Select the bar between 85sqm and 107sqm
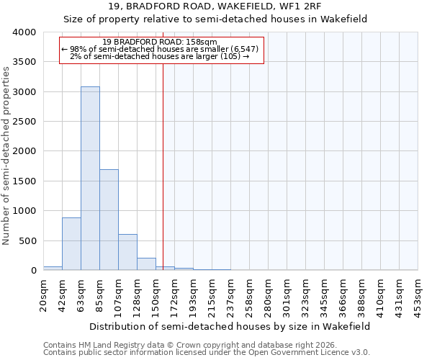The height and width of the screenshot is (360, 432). coord(109,220)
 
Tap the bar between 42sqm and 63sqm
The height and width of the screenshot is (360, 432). coord(71,244)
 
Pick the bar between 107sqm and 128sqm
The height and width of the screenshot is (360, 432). coord(127,252)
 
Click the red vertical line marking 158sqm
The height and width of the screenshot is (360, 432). coord(163,166)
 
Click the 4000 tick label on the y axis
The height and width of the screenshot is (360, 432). coord(24,32)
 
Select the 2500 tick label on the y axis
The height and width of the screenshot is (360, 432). coord(24,122)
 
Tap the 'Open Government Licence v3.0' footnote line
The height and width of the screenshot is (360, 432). coord(207,352)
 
